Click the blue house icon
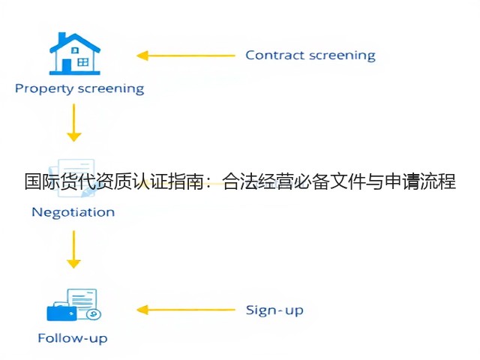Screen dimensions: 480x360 click(x=75, y=54)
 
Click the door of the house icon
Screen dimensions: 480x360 click(x=67, y=65)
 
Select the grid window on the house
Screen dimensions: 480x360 click(x=83, y=62)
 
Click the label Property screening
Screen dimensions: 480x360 click(x=79, y=88)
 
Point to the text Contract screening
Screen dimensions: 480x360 click(x=310, y=55)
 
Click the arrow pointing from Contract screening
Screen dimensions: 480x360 click(x=185, y=55)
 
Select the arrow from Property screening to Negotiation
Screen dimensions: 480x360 click(x=73, y=122)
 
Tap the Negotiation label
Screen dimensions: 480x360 click(x=73, y=212)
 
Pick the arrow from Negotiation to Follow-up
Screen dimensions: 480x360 click(x=73, y=250)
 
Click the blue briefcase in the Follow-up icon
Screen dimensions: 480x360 click(x=61, y=312)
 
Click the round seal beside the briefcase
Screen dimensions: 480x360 click(x=94, y=314)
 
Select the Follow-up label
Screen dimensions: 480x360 click(x=73, y=338)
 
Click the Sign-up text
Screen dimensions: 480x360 click(x=274, y=310)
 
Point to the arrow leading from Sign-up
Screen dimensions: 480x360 click(x=185, y=310)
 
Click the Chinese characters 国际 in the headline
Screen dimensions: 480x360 click(x=42, y=181)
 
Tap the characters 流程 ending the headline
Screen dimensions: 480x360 click(x=438, y=181)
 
